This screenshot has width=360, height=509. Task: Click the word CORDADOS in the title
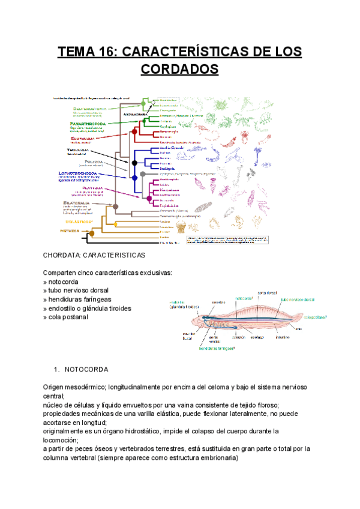pos(179,70)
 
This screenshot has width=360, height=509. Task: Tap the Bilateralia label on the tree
pos(77,203)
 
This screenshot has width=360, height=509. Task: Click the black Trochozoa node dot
pos(134,163)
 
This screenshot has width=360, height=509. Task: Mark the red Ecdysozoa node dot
pos(135,130)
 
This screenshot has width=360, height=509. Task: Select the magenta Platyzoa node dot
pos(148,198)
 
